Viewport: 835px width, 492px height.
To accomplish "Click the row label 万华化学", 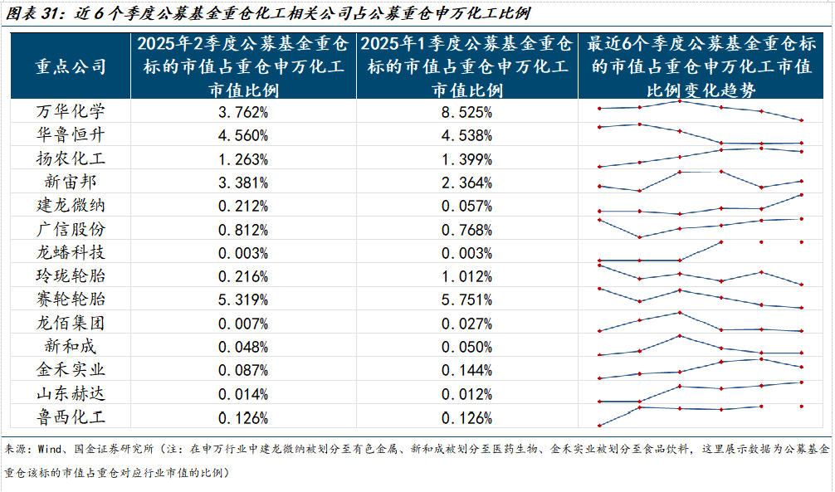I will [71, 111].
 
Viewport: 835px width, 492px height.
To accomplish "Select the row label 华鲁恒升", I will [71, 134].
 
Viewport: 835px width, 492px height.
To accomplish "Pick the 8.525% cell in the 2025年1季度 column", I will [467, 112].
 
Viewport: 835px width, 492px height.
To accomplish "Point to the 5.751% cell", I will [467, 300].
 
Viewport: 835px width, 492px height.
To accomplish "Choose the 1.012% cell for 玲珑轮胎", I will [467, 276].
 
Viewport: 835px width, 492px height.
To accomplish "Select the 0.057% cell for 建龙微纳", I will [467, 206].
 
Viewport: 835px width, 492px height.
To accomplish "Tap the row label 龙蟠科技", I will [71, 252].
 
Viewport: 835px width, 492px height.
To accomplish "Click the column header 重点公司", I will [71, 66].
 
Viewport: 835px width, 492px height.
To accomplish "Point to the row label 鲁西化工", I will [71, 416].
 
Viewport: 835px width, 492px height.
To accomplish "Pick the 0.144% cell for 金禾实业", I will [467, 370].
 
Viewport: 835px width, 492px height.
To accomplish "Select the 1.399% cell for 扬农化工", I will [467, 158].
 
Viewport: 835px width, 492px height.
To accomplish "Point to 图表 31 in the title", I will [32, 15].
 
